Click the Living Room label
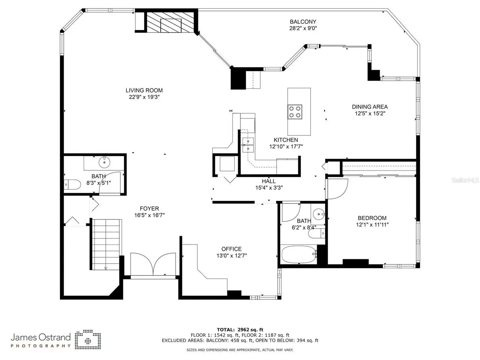[144, 90]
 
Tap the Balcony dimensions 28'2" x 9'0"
[303, 28]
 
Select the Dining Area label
[370, 106]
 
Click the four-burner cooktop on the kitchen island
[295, 112]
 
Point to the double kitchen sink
[248, 145]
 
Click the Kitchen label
[286, 140]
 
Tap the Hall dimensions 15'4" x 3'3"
[269, 188]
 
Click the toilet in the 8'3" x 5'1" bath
[72, 184]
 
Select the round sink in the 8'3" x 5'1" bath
[104, 162]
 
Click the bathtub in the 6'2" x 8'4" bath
[299, 255]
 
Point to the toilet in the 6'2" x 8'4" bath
[316, 234]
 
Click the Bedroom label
[372, 218]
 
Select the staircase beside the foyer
[106, 244]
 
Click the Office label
[231, 249]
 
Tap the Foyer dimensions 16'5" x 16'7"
[149, 215]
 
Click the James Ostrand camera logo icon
[88, 339]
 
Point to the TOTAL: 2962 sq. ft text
[240, 330]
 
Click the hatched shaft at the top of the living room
[170, 22]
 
